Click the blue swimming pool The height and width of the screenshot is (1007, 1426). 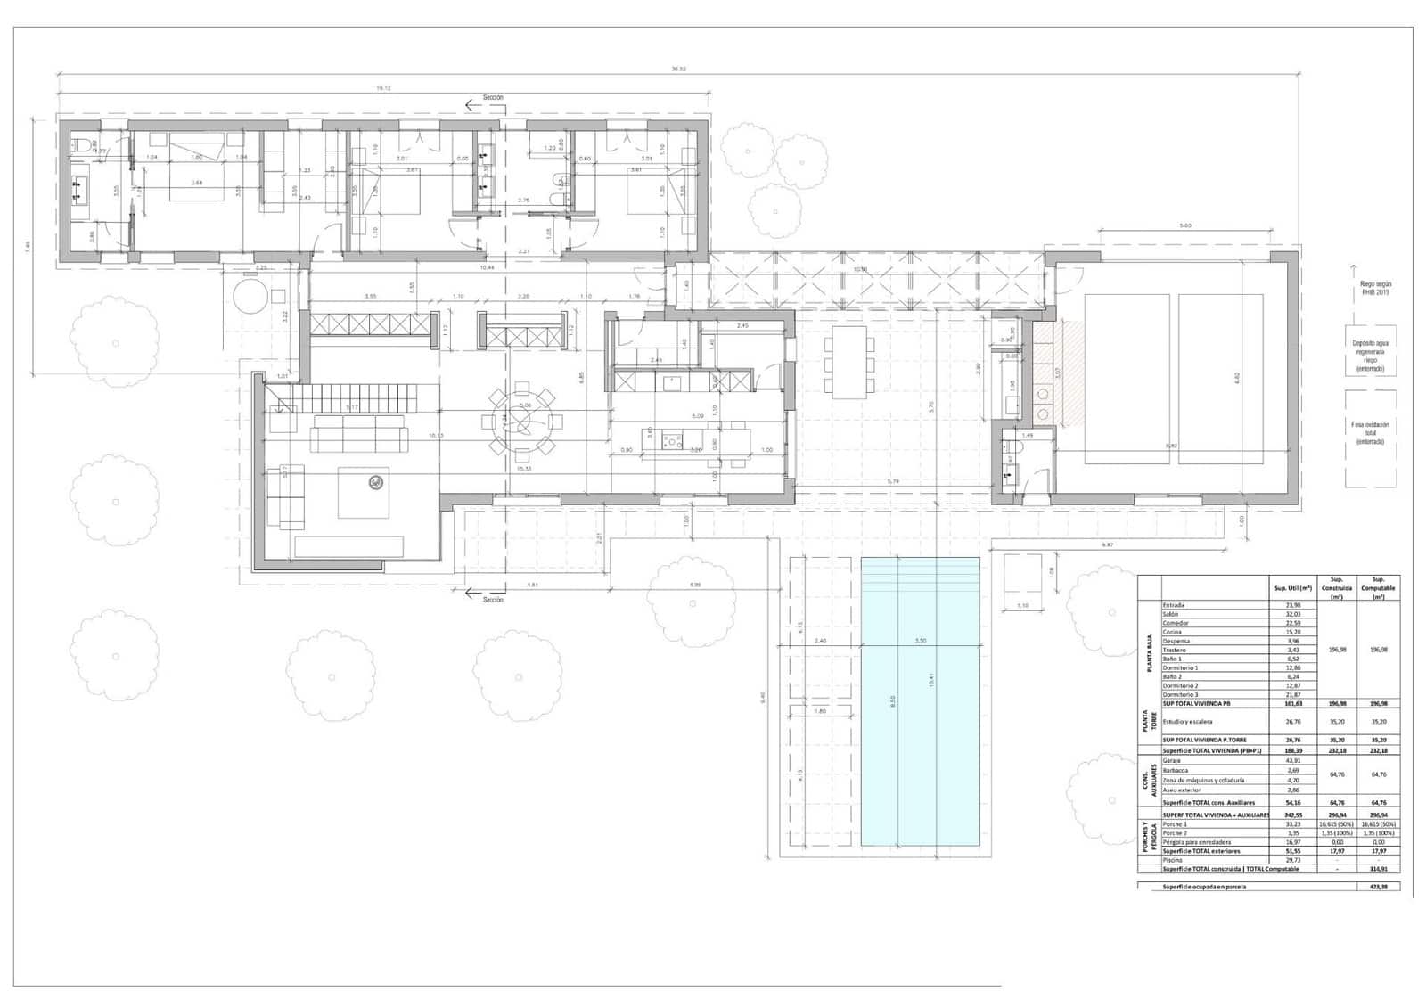[920, 701]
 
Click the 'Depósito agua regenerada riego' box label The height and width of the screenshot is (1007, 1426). [1370, 355]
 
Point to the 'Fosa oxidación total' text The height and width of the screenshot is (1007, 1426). [1370, 433]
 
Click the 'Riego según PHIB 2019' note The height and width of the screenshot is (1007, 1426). [1370, 289]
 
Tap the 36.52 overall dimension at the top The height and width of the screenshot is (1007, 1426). [679, 70]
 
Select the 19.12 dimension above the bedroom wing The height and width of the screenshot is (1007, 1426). [383, 88]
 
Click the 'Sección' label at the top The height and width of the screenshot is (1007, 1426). [493, 97]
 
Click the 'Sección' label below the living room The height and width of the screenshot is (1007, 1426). [493, 600]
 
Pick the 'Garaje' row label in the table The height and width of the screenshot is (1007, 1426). [1172, 761]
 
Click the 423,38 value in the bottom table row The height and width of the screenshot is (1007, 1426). [1378, 887]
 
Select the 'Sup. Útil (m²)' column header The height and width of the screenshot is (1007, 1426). [1293, 588]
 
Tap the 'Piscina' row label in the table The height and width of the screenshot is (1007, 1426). [1173, 860]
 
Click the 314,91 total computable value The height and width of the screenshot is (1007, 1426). [1378, 869]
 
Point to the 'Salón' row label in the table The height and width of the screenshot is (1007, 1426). [1171, 614]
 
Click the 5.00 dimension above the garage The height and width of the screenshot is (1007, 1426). [1184, 226]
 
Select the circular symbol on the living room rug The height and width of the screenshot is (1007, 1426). [376, 483]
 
